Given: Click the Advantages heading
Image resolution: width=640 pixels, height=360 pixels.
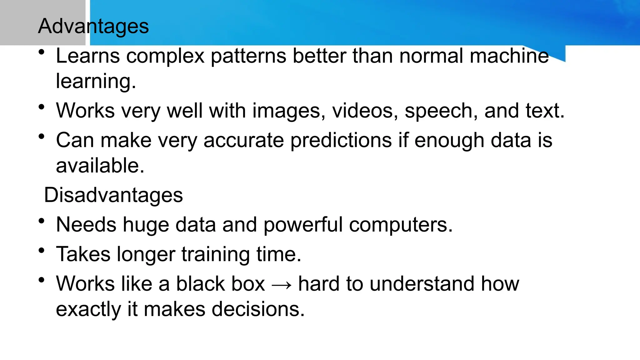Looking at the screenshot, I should tap(93, 26).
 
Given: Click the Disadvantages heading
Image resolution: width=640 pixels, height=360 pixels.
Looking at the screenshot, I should tap(113, 195).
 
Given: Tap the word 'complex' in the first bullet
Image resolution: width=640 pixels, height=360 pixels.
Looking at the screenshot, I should tap(165, 56).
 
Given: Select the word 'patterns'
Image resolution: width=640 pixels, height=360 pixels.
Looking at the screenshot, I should tap(248, 56).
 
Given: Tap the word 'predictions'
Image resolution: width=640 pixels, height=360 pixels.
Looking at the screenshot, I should tap(341, 140).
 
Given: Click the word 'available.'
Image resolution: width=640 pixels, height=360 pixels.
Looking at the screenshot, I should tap(100, 166).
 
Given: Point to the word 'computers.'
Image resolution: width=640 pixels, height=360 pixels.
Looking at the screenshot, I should tap(401, 225).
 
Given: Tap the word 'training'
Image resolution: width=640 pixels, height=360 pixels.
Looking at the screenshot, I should tap(216, 254).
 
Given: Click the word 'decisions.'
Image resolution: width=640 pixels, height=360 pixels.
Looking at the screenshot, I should tap(258, 309).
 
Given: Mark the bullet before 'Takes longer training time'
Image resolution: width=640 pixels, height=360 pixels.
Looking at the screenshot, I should tap(42, 250).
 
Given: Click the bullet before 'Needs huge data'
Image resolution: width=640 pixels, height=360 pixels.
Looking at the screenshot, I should tap(42, 221).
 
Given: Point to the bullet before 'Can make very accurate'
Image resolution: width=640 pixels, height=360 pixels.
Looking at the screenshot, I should tap(42, 136).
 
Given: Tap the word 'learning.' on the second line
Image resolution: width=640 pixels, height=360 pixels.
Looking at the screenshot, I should tap(96, 82).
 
